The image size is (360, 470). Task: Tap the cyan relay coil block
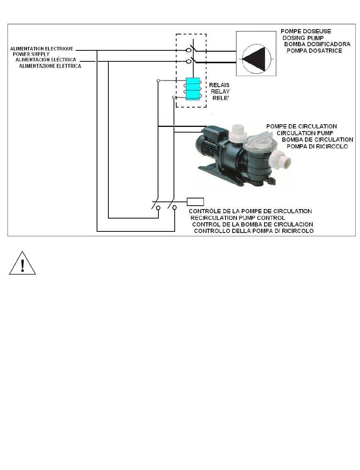click(193, 89)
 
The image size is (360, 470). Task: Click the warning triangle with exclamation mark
click(22, 263)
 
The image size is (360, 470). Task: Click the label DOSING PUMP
click(305, 38)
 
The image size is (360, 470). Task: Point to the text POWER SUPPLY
click(31, 54)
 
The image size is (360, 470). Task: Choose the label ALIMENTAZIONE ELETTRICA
click(50, 66)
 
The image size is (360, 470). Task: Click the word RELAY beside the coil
click(220, 92)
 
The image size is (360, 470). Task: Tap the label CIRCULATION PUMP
click(305, 133)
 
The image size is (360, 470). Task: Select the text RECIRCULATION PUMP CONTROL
click(238, 218)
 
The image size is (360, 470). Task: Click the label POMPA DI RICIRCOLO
click(317, 146)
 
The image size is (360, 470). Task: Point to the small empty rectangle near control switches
click(196, 201)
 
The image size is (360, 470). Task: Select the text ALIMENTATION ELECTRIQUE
click(42, 49)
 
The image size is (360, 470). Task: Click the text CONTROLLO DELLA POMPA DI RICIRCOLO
click(254, 231)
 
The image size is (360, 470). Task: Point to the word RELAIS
click(219, 85)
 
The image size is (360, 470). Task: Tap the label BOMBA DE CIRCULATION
click(318, 139)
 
